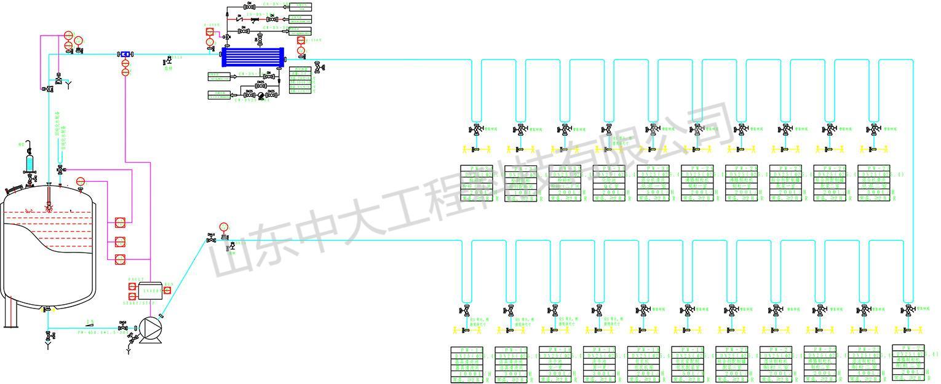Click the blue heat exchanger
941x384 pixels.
coord(253,57)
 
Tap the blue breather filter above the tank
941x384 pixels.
coord(30,163)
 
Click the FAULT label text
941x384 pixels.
coord(137,279)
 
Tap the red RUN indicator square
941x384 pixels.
coord(167,290)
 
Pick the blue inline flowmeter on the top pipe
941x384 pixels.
coord(125,54)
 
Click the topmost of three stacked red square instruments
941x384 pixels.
coord(120,222)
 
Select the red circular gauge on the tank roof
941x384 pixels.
coord(80,181)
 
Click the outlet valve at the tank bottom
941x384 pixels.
coord(47,310)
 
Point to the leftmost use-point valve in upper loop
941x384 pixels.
coord(476,130)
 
